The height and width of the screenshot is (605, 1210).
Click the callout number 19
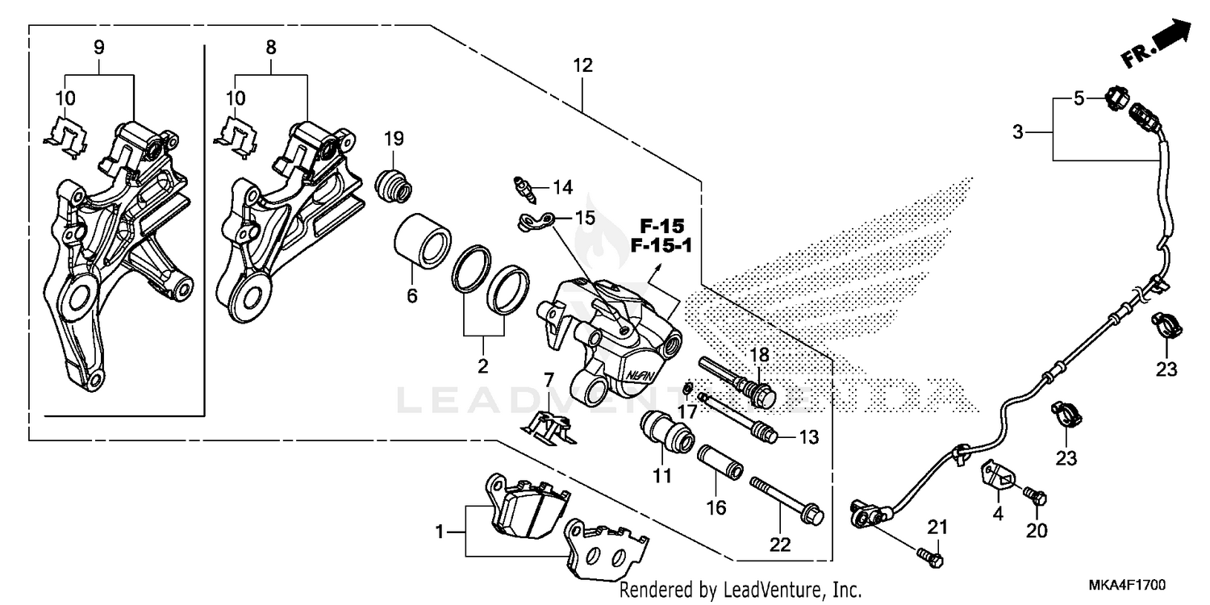click(x=394, y=138)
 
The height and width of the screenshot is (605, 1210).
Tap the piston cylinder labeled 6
click(x=420, y=240)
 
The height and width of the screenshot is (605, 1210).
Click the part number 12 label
click(x=582, y=65)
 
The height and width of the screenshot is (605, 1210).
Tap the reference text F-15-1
click(x=661, y=245)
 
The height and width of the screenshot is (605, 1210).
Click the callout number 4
click(x=998, y=514)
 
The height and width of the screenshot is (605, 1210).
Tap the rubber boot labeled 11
click(x=667, y=432)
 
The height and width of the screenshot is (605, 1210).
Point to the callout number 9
click(x=98, y=48)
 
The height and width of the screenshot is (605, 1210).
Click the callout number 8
click(x=271, y=48)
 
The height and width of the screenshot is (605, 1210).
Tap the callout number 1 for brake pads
click(x=440, y=532)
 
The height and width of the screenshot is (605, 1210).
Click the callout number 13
click(x=809, y=437)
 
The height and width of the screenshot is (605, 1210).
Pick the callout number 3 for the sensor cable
click(x=1017, y=131)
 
